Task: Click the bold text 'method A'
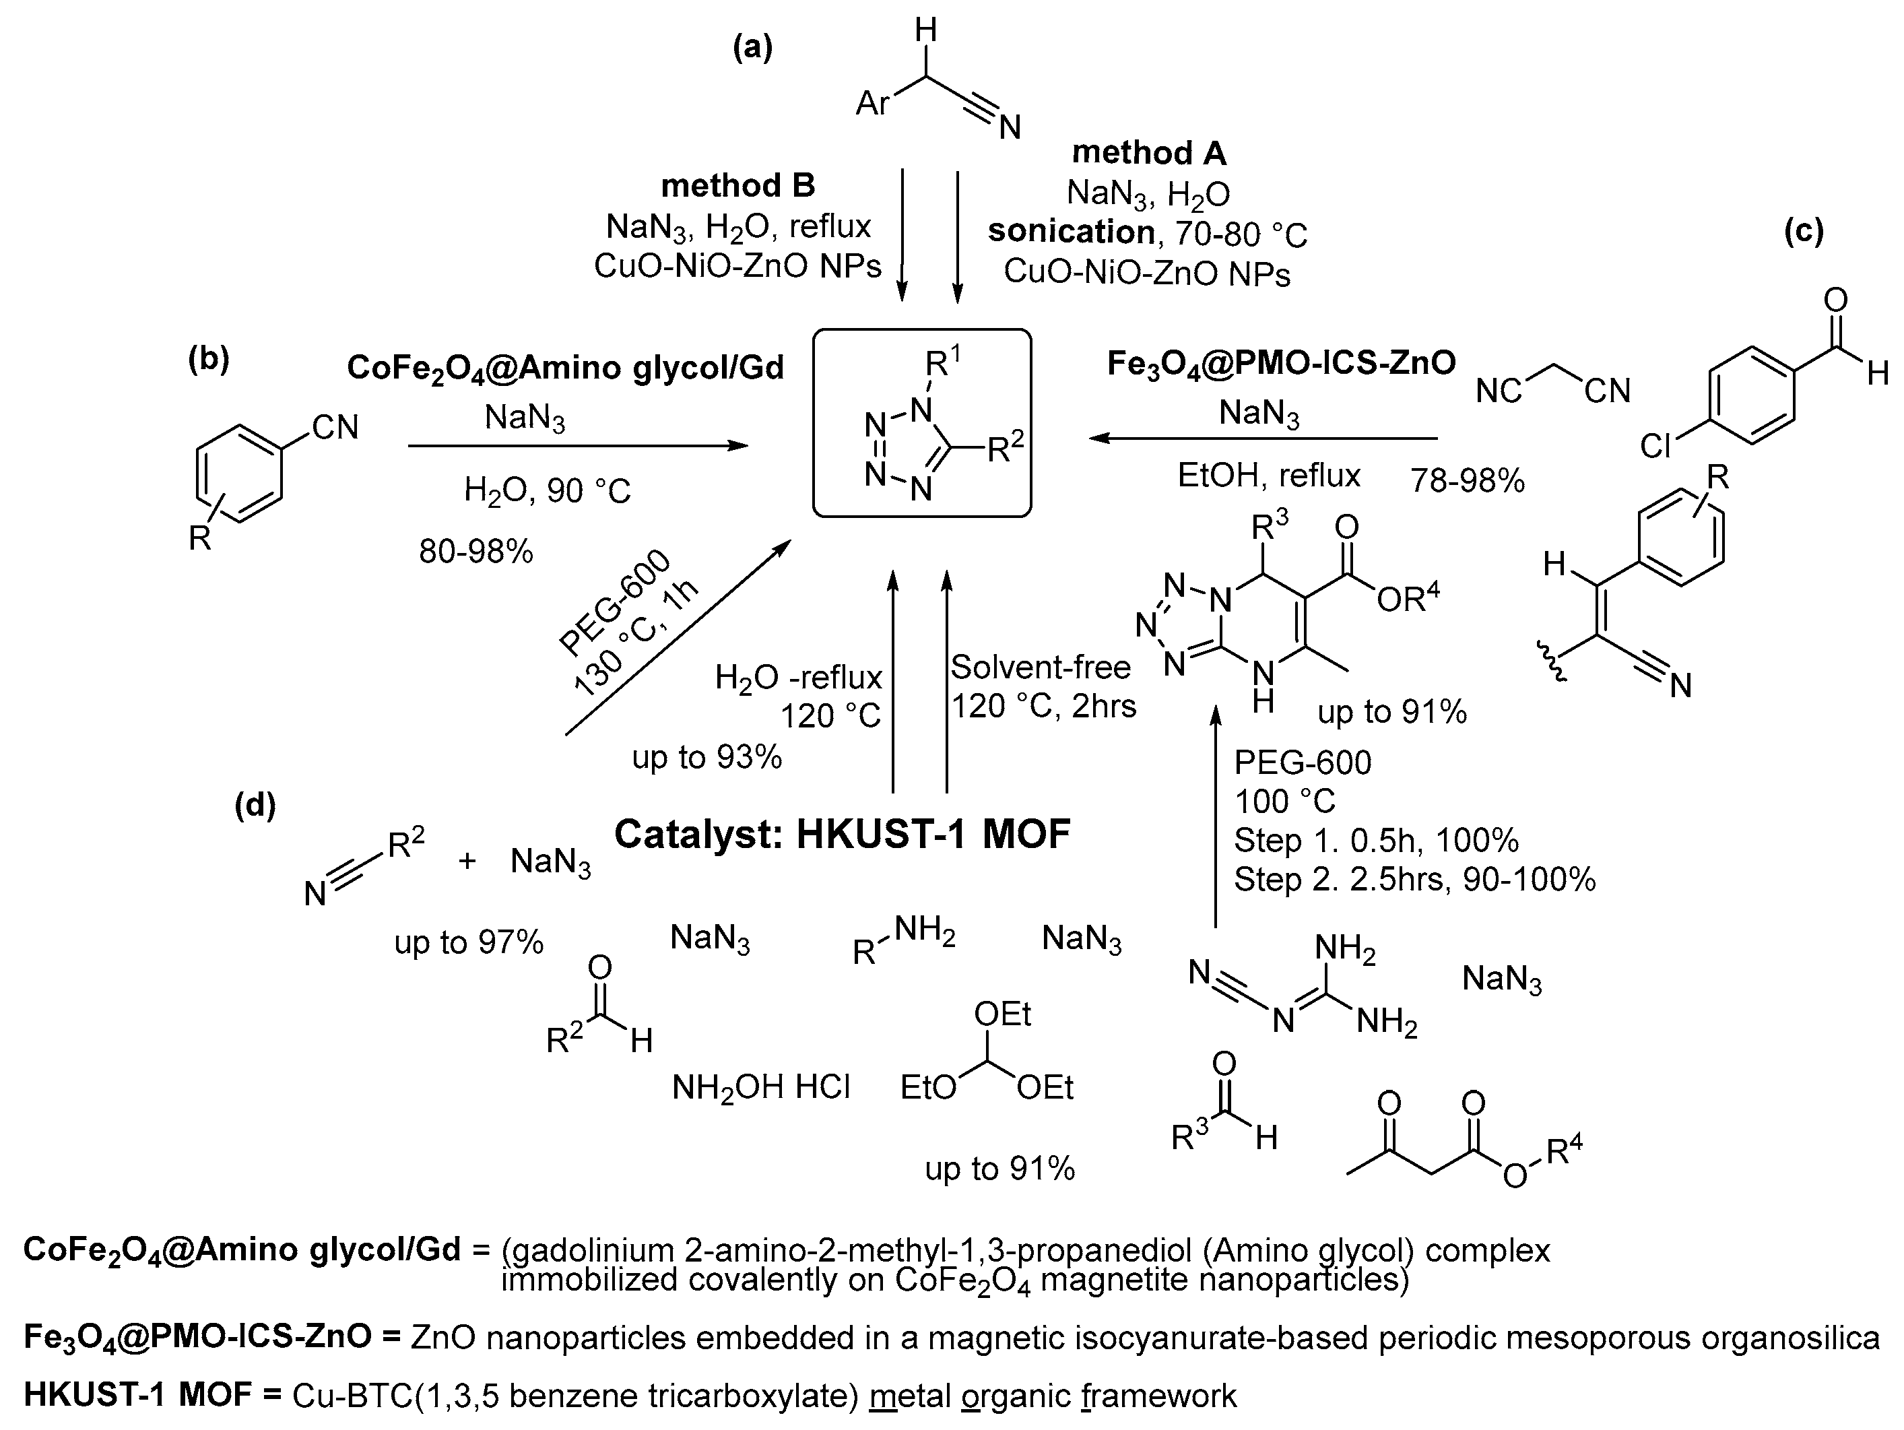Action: coord(1148,154)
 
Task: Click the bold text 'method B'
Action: coord(737,185)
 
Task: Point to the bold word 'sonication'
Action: coord(1071,232)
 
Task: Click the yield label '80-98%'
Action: coord(476,552)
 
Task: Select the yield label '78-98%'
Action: coord(1467,480)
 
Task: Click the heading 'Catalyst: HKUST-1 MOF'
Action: coord(842,833)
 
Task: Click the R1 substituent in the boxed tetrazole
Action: coord(941,365)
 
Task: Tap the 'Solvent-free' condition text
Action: coord(1040,668)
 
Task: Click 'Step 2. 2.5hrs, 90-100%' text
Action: coord(1414,880)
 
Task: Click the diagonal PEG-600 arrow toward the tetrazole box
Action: coord(678,638)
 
